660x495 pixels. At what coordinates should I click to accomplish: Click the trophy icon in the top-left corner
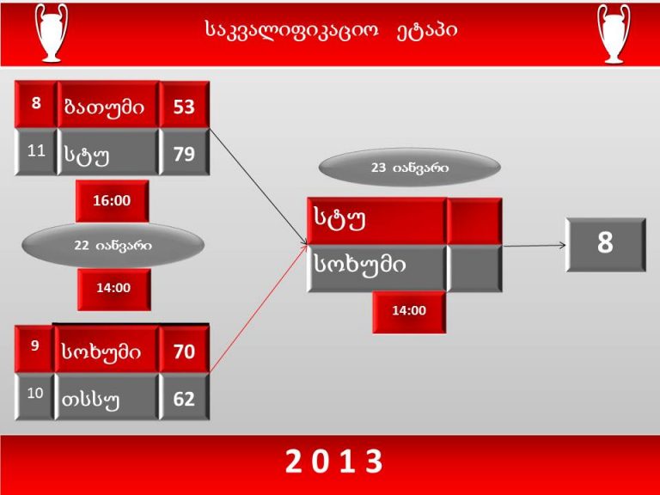pyautogui.click(x=52, y=33)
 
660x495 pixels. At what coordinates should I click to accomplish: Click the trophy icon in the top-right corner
pyautogui.click(x=614, y=34)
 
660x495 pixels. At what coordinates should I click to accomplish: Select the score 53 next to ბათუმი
pyautogui.click(x=184, y=105)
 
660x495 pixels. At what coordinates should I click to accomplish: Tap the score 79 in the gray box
pyautogui.click(x=184, y=152)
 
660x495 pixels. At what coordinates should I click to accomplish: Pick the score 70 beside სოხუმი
pyautogui.click(x=184, y=350)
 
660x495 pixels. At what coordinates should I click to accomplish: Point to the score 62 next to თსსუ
pyautogui.click(x=184, y=397)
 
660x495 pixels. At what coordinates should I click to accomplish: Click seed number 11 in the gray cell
pyautogui.click(x=36, y=151)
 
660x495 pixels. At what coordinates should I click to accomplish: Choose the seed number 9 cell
pyautogui.click(x=34, y=349)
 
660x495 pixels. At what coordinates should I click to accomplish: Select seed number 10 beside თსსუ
pyautogui.click(x=34, y=396)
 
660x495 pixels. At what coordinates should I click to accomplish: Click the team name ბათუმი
pyautogui.click(x=107, y=105)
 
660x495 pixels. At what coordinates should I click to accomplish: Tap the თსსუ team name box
pyautogui.click(x=107, y=397)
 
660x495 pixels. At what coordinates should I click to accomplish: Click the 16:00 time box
pyautogui.click(x=112, y=201)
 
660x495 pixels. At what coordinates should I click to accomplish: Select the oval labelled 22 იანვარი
pyautogui.click(x=113, y=245)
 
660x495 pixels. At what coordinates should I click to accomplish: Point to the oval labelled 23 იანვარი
pyautogui.click(x=410, y=168)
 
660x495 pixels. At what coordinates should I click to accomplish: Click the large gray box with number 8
pyautogui.click(x=605, y=245)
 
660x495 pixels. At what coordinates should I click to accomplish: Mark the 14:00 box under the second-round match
pyautogui.click(x=409, y=311)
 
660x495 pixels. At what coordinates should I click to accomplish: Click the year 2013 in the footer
pyautogui.click(x=334, y=461)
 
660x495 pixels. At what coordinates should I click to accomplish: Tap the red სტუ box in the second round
pyautogui.click(x=376, y=221)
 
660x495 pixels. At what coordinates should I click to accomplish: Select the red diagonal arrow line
pyautogui.click(x=259, y=308)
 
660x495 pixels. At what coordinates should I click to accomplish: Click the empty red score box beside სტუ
pyautogui.click(x=474, y=221)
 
